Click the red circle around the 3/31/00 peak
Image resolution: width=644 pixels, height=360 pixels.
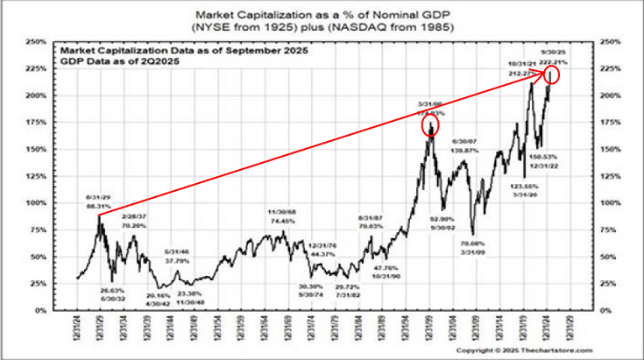pyautogui.click(x=431, y=125)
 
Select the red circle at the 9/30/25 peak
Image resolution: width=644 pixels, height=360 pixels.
pyautogui.click(x=553, y=77)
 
